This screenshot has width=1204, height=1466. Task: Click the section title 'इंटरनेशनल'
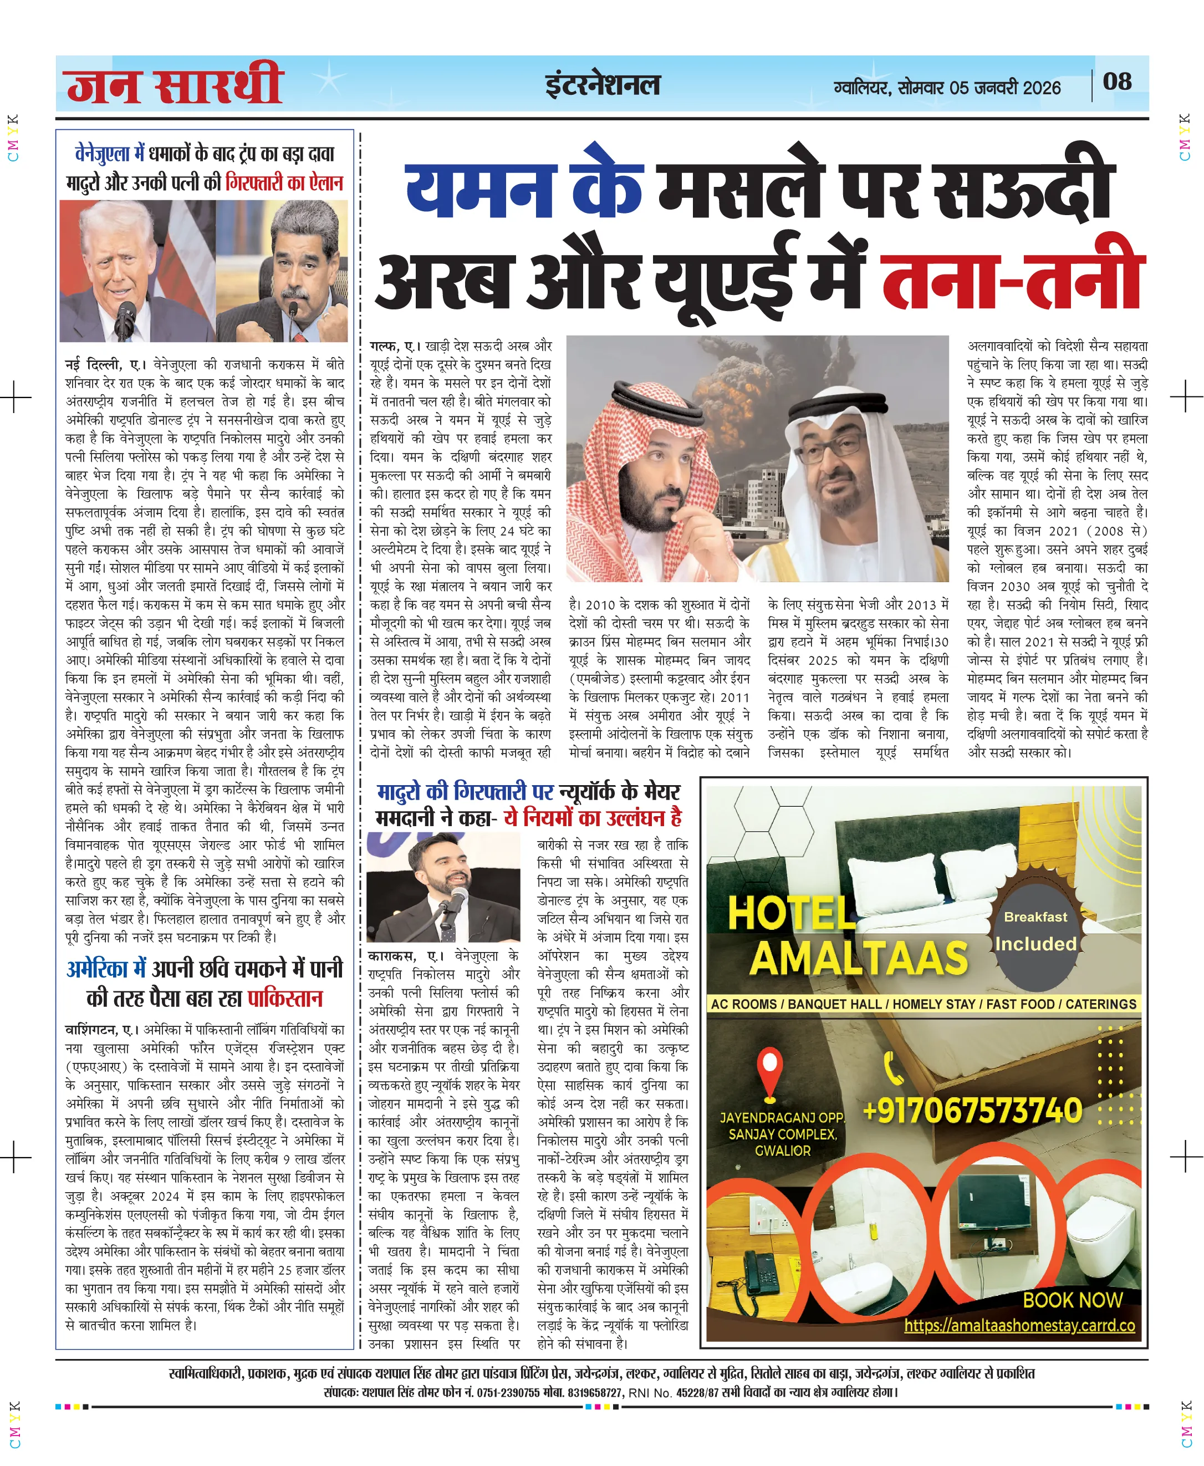click(x=602, y=85)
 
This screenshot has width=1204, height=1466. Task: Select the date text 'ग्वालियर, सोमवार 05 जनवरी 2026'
click(x=947, y=88)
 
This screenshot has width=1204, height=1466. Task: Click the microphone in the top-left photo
click(x=125, y=315)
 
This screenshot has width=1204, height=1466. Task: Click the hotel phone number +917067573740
click(x=972, y=1110)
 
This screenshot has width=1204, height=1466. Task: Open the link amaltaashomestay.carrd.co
click(x=1019, y=1325)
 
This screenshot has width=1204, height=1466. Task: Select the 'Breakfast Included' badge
click(x=1035, y=931)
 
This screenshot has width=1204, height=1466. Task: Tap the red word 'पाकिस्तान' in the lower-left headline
click(x=285, y=999)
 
